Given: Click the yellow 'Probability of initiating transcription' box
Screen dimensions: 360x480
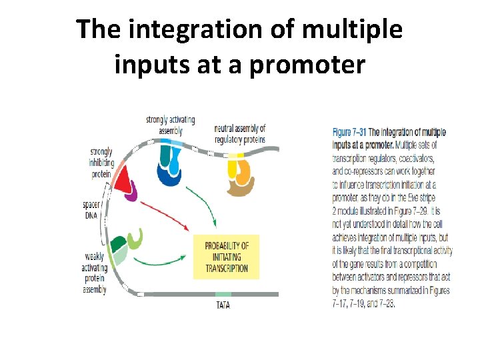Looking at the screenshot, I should pyautogui.click(x=226, y=257).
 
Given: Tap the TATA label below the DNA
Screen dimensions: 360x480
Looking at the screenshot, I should pyautogui.click(x=223, y=305).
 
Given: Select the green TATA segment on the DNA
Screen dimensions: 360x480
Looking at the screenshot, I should pyautogui.click(x=223, y=294).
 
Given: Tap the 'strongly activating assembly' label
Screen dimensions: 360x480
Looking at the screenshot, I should pyautogui.click(x=170, y=125).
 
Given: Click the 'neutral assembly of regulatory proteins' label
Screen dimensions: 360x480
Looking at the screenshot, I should pyautogui.click(x=240, y=133).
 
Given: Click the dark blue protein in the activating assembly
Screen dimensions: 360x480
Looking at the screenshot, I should pyautogui.click(x=168, y=175).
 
